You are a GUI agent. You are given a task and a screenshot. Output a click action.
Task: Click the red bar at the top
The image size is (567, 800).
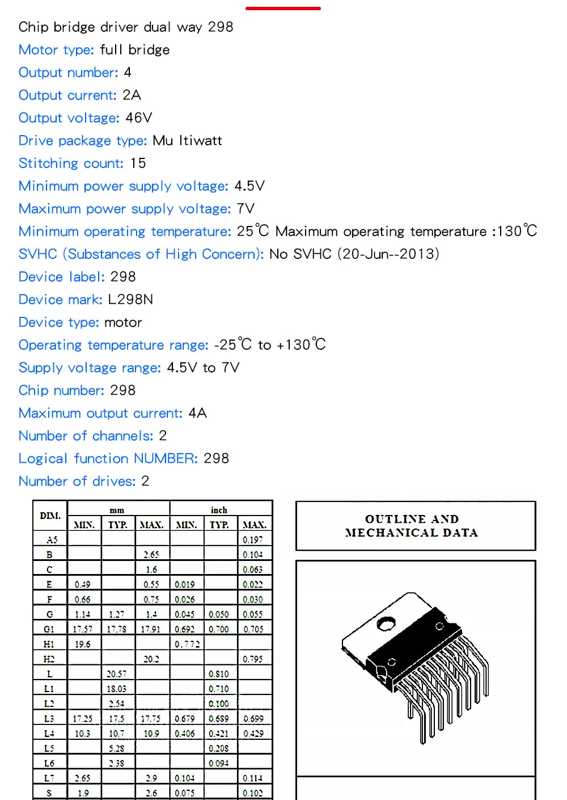tap(283, 9)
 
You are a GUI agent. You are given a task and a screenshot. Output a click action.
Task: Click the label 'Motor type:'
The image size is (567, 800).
tap(56, 50)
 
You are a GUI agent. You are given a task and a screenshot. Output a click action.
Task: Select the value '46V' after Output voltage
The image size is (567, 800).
tap(139, 118)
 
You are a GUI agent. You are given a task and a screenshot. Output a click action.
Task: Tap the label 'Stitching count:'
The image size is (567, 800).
tap(71, 164)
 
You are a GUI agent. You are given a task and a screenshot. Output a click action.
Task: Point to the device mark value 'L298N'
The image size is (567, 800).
tap(130, 300)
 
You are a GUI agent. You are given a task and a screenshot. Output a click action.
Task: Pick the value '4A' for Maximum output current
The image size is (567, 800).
tap(197, 413)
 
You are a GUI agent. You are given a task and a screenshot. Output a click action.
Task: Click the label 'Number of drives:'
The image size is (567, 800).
tap(77, 481)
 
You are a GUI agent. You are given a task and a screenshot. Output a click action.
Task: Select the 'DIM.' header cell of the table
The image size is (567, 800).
tap(50, 516)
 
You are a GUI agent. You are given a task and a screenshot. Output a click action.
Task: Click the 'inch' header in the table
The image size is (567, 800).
tap(219, 510)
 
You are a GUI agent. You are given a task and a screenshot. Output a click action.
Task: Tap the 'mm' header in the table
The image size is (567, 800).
tap(117, 510)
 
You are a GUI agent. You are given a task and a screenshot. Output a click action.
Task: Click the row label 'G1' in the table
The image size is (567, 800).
tap(49, 629)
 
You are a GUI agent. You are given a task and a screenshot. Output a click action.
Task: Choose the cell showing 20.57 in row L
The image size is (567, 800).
tap(117, 674)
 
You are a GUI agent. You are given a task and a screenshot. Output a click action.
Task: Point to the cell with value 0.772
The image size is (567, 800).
tap(187, 644)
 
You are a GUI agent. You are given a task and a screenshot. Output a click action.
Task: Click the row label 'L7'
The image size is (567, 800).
tap(49, 778)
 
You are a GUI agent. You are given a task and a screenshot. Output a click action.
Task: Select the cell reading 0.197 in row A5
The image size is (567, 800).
tap(253, 539)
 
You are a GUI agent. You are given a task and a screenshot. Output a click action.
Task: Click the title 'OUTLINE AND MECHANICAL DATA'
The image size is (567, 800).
tap(412, 526)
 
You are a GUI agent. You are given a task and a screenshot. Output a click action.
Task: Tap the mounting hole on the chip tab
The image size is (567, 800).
tap(386, 623)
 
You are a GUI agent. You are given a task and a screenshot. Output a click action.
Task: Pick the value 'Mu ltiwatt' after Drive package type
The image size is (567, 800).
tap(187, 141)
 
